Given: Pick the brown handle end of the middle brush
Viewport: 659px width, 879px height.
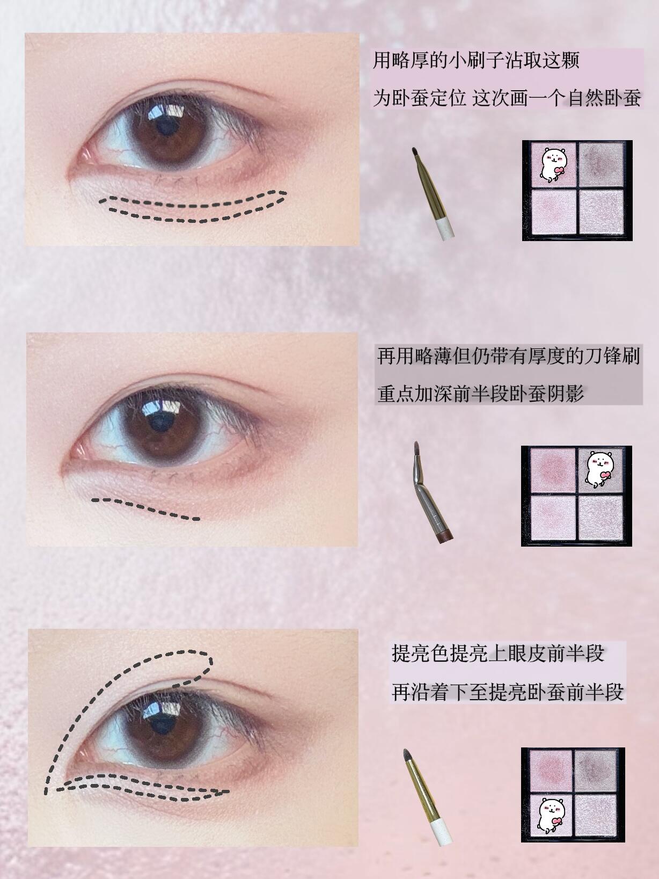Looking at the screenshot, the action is (x=446, y=536).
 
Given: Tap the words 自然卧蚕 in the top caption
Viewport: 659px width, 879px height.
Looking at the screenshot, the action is (x=604, y=98).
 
